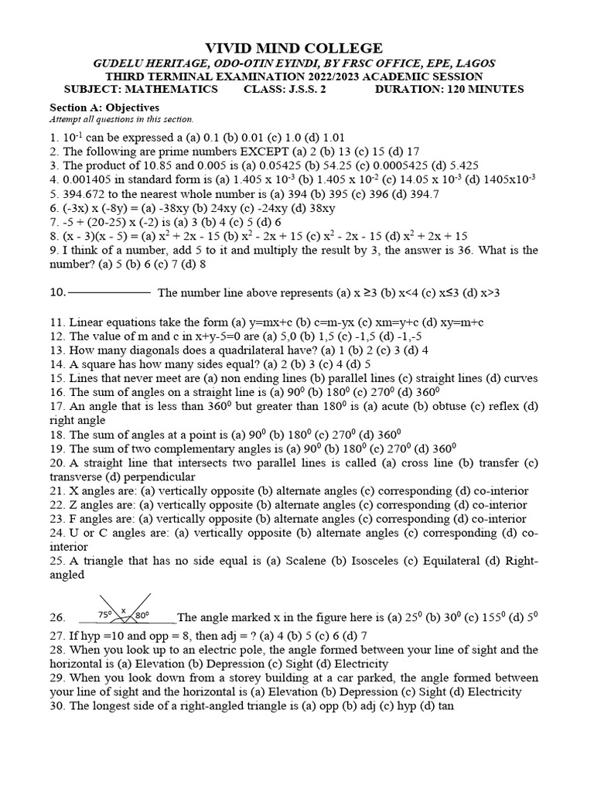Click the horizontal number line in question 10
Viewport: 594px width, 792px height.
pyautogui.click(x=109, y=293)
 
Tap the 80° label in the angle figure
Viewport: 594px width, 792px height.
pyautogui.click(x=142, y=615)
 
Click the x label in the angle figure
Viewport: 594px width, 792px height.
pyautogui.click(x=123, y=609)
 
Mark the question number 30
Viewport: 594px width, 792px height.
pyautogui.click(x=57, y=706)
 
